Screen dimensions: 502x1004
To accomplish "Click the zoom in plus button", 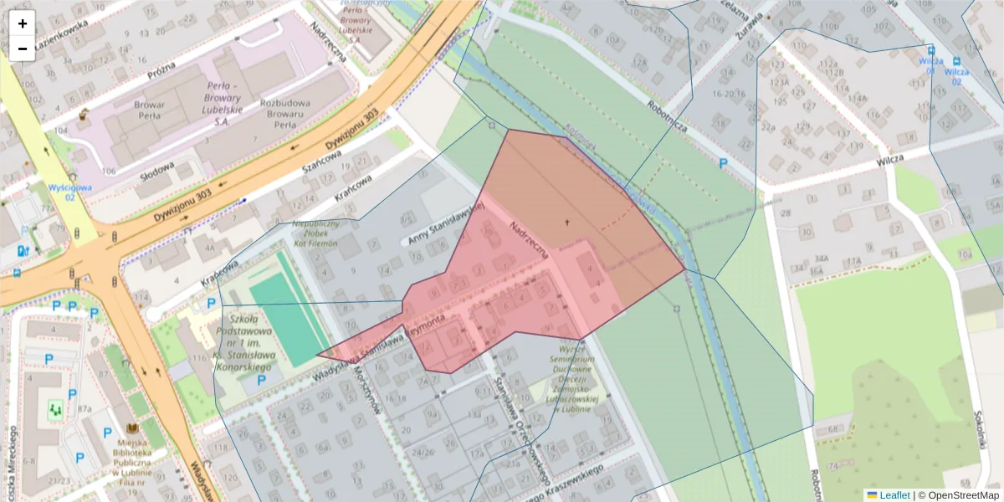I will [23, 23].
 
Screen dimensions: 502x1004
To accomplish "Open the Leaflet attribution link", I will [894, 495].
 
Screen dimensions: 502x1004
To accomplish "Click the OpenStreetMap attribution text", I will [962, 495].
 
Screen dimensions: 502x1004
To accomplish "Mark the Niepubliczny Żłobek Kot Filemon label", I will [315, 233].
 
